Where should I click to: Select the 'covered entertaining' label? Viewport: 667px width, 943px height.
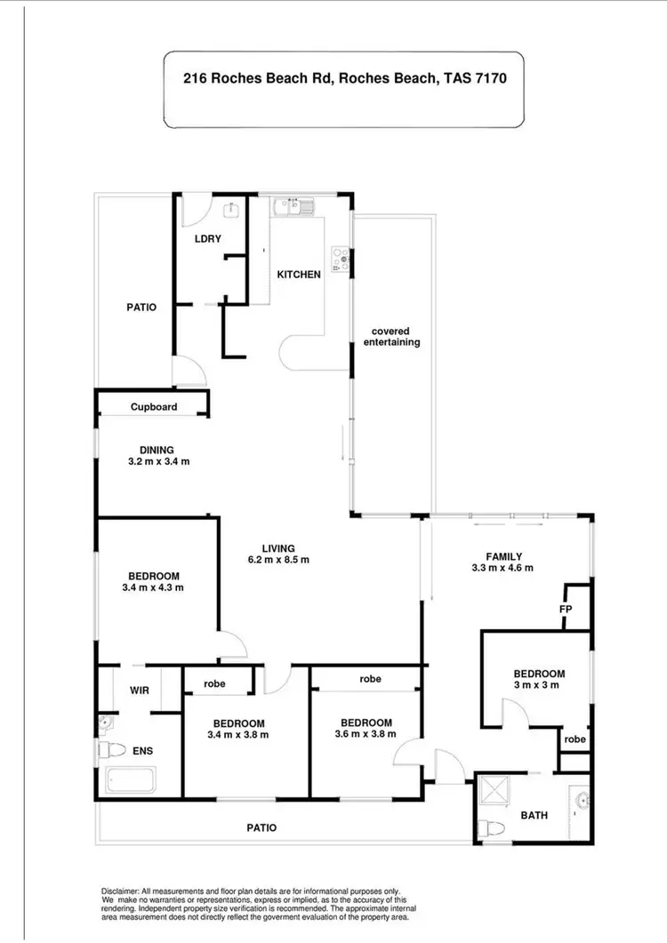click(396, 337)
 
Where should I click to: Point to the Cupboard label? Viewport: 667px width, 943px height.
click(154, 407)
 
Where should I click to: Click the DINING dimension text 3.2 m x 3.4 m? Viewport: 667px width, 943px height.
click(158, 461)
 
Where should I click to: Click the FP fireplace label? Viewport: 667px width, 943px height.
click(565, 610)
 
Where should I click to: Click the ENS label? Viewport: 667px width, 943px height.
click(142, 751)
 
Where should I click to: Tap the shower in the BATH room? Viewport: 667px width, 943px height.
click(494, 791)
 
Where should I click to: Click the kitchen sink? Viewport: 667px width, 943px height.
click(293, 208)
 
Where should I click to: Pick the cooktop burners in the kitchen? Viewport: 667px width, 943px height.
click(340, 257)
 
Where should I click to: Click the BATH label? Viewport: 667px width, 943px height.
click(534, 814)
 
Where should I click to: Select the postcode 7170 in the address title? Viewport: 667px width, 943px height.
click(490, 77)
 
